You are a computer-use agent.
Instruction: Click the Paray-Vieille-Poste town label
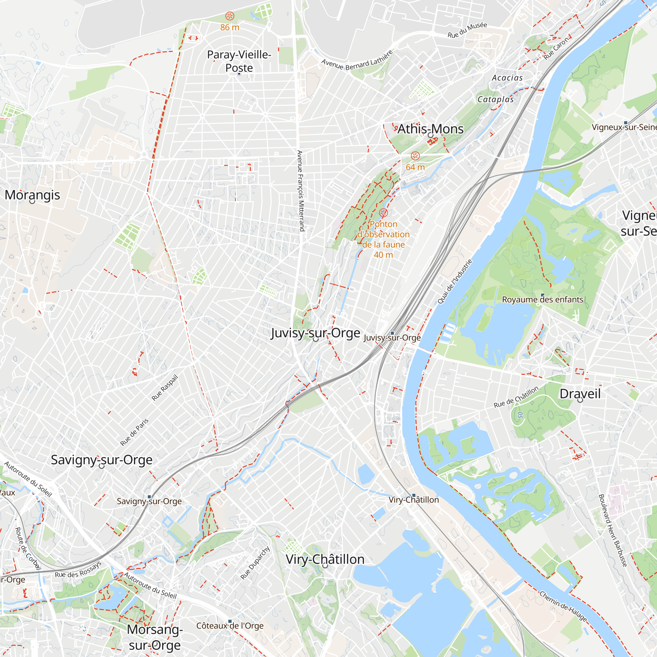pyautogui.click(x=239, y=61)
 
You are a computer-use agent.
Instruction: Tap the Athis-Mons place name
pyautogui.click(x=430, y=129)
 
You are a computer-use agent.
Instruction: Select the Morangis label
pyautogui.click(x=32, y=195)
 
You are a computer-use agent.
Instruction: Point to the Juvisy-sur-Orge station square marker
pyautogui.click(x=392, y=333)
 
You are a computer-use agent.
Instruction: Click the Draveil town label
pyautogui.click(x=580, y=394)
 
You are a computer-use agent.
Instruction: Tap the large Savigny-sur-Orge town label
pyautogui.click(x=102, y=460)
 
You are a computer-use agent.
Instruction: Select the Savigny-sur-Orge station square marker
pyautogui.click(x=149, y=497)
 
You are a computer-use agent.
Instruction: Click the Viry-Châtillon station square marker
pyautogui.click(x=414, y=495)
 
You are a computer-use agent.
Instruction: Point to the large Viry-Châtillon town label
pyautogui.click(x=325, y=559)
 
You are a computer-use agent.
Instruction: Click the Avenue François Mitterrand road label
pyautogui.click(x=300, y=191)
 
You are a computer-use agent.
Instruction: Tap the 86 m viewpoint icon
pyautogui.click(x=230, y=16)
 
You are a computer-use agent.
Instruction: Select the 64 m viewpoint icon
pyautogui.click(x=415, y=156)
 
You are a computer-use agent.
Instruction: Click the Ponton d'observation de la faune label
pyautogui.click(x=383, y=239)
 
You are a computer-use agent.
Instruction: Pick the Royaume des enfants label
pyautogui.click(x=542, y=300)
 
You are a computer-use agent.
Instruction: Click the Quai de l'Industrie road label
pyautogui.click(x=455, y=282)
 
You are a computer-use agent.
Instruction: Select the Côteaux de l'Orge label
pyautogui.click(x=230, y=626)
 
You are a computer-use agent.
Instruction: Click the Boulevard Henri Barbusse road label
pyautogui.click(x=612, y=531)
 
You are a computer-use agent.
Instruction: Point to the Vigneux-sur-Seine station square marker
pyautogui.click(x=625, y=123)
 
